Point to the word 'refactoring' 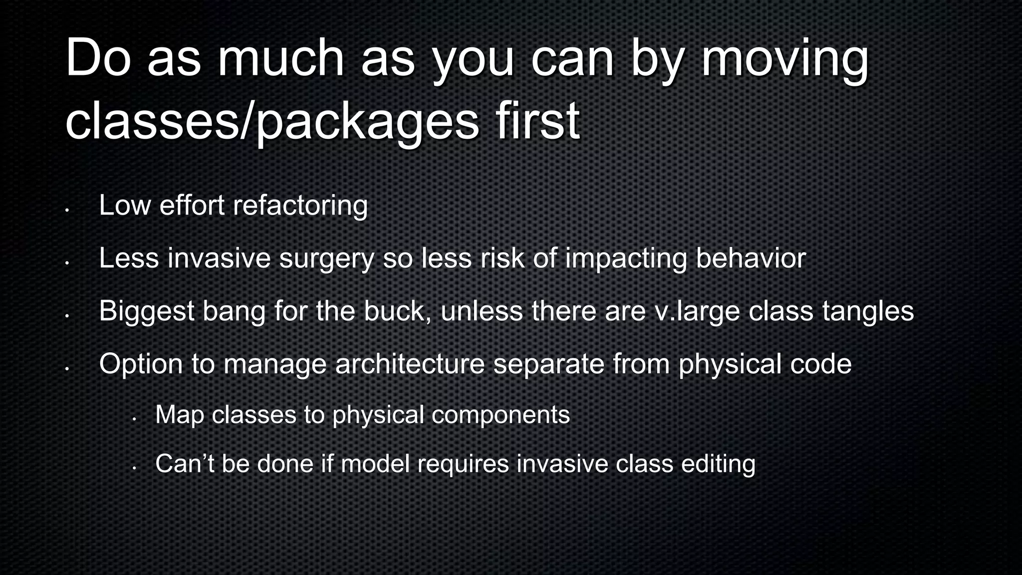coord(300,206)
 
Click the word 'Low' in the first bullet coord(125,206)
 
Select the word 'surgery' coord(326,259)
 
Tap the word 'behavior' coord(751,259)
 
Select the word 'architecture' coord(410,364)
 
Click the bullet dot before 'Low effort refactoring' coord(66,210)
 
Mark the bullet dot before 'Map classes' coord(134,419)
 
